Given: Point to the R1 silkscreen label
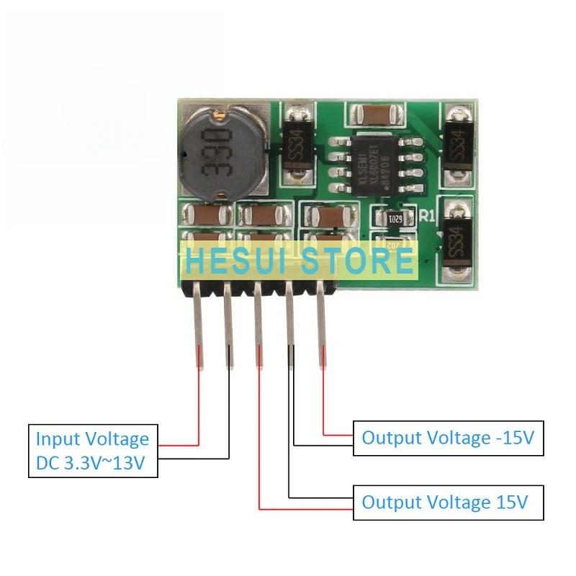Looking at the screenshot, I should [x=426, y=215].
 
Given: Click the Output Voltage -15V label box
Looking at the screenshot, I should [x=447, y=438].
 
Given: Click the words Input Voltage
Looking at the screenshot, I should [x=93, y=438].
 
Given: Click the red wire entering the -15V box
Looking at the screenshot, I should [x=338, y=434].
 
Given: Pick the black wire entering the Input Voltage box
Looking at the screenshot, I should [x=194, y=458].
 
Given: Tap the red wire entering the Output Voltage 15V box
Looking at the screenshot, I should [x=306, y=510].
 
